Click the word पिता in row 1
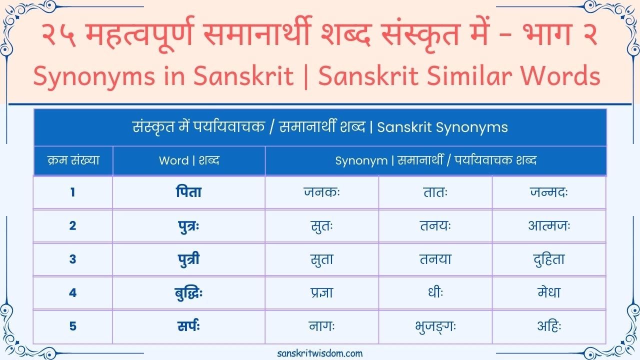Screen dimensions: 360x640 (x=188, y=192)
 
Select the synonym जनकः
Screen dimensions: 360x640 (x=321, y=192)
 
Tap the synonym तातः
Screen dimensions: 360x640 (x=435, y=192)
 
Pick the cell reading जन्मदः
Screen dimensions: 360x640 (x=549, y=192)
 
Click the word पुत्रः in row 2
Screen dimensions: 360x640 (x=188, y=226)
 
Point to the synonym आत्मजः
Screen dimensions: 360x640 (x=549, y=226)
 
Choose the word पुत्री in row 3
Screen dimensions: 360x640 (x=188, y=259)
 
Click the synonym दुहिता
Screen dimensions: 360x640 (x=549, y=259)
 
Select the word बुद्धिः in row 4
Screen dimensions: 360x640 (x=188, y=293)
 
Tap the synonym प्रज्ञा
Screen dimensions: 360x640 (x=321, y=293)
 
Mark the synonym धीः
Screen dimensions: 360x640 (x=435, y=293)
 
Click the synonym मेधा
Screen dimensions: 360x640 (x=549, y=293)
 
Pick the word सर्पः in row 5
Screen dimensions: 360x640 (x=188, y=326)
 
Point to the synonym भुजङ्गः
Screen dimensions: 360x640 (x=435, y=326)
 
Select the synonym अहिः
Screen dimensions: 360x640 (x=549, y=326)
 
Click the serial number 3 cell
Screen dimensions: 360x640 (x=73, y=259)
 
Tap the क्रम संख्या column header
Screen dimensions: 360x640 (x=73, y=160)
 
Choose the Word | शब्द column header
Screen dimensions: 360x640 (x=188, y=160)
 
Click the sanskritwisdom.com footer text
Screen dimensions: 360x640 (x=320, y=353)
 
